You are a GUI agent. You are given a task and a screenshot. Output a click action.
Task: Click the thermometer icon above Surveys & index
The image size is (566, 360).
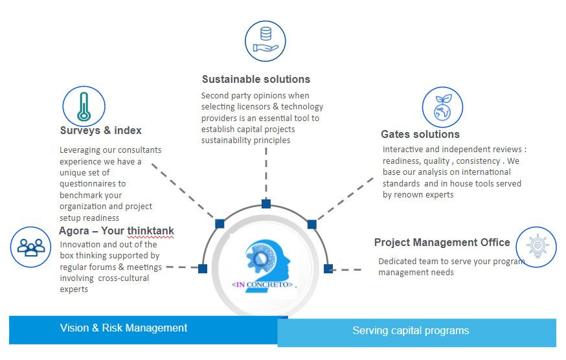tap(84, 107)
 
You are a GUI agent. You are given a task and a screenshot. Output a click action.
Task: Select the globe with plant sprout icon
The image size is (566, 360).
tap(442, 107)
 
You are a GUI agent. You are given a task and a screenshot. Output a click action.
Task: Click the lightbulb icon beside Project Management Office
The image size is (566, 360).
tap(536, 247)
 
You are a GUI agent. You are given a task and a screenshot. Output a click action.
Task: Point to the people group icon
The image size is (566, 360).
tap(30, 247)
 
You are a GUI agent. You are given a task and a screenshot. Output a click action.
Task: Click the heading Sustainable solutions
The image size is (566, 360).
tap(256, 79)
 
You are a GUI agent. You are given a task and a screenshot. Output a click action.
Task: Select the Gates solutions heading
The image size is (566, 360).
tap(420, 134)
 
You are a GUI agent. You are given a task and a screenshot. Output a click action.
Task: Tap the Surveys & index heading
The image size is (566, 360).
tap(101, 130)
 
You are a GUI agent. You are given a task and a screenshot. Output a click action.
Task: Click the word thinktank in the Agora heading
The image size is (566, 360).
tap(150, 231)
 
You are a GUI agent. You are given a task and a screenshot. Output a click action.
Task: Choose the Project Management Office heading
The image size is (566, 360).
tap(442, 242)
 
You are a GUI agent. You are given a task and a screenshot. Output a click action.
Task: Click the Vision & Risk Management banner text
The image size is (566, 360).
tap(124, 328)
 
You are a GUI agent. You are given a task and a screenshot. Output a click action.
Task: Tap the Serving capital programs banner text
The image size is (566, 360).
tap(411, 330)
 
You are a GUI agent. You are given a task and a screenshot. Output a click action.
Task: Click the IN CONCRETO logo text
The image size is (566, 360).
tap(262, 284)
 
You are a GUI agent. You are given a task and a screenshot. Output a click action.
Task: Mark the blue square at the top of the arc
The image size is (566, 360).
tap(266, 204)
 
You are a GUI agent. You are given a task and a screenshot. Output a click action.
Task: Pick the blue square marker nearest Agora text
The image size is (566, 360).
tap(203, 269)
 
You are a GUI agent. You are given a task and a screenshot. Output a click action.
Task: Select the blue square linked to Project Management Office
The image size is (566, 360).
tap(328, 269)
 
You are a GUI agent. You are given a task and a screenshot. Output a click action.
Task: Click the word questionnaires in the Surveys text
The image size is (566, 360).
tap(93, 184)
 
